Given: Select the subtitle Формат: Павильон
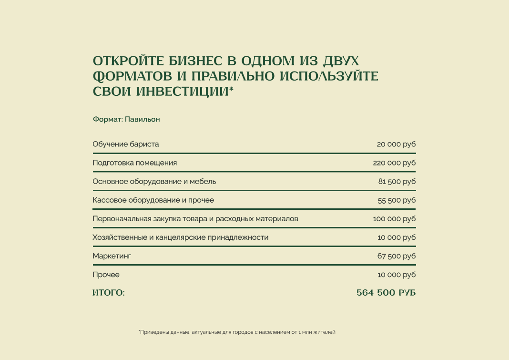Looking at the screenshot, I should pos(126,119).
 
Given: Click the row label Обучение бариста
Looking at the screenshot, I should pos(126,144).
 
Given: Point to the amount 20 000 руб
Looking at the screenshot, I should pos(396,144).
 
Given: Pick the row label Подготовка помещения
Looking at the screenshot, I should pos(134,163).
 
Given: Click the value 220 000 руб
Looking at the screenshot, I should pos(394,163).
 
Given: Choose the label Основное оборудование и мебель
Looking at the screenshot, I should pos(154,181).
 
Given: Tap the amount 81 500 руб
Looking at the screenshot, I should pos(397,181).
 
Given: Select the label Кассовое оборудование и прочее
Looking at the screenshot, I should pos(153,200).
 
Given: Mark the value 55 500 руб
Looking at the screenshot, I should pos(397,200).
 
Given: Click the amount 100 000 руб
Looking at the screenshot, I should pos(394,219).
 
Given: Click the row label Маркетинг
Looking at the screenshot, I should pos(112,256).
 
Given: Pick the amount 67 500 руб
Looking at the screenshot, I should pos(397,256).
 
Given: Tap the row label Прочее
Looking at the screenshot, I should pos(106,275).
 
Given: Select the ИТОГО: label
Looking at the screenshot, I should pos(108,293).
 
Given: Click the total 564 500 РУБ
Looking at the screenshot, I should pos(386,293).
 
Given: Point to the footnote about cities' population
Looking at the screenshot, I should pos(237,332).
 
